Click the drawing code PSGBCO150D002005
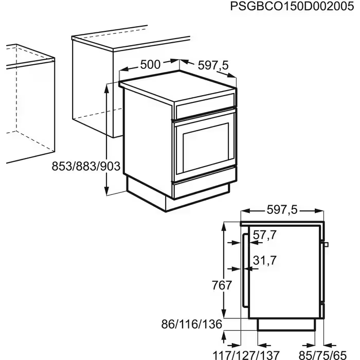click(x=292, y=6)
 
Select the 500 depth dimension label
click(x=150, y=64)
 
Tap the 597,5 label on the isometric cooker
click(x=213, y=65)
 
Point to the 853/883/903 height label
click(x=86, y=166)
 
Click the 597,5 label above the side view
click(x=282, y=210)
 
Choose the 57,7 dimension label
click(x=264, y=235)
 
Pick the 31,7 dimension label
click(x=264, y=260)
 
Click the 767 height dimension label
click(x=222, y=285)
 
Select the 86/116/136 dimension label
click(x=192, y=324)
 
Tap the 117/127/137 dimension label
click(x=246, y=355)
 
